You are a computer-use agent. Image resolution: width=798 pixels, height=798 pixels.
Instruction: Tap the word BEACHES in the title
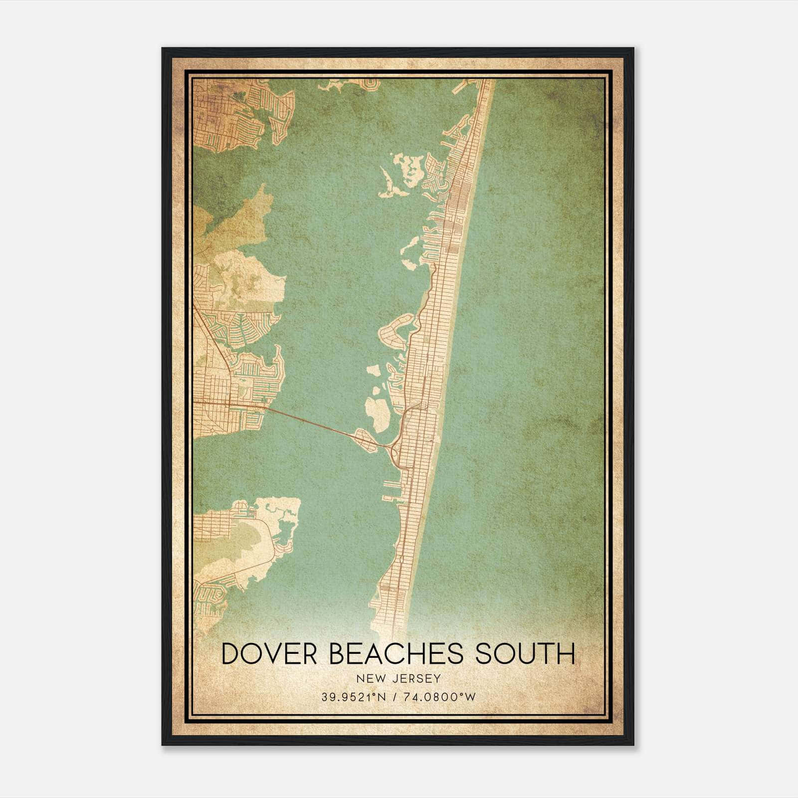coord(397,654)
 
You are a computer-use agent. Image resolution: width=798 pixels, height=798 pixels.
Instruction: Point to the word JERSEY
coord(413,678)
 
